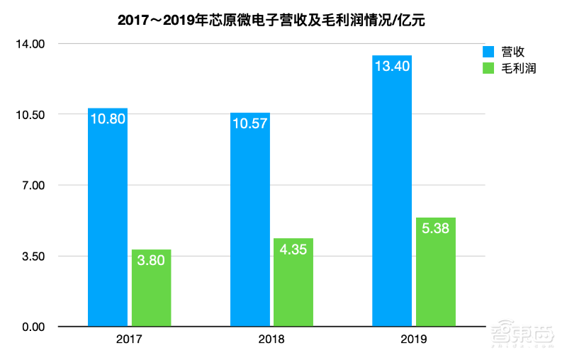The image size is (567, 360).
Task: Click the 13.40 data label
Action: coord(392,67)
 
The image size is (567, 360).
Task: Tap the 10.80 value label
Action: coord(108,119)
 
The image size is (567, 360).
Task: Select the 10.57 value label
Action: coord(250,124)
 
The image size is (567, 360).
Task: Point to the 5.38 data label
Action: coord(436,229)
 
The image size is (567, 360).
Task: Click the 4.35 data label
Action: coord(293,249)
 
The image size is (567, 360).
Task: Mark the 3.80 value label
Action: coord(151,261)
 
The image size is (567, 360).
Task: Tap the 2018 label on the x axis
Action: coord(271,340)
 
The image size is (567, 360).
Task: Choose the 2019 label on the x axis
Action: coord(413,340)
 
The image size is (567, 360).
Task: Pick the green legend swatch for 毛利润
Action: coord(488,68)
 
